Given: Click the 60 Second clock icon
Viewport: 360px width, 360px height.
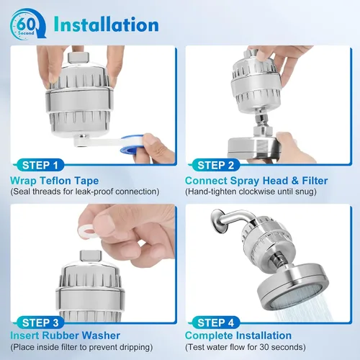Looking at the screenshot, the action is click(x=28, y=23).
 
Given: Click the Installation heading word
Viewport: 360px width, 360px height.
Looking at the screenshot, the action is click(x=106, y=24).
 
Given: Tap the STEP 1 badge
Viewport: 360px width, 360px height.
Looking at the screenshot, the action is click(x=40, y=166).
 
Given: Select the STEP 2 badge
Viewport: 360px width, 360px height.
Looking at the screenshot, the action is click(x=215, y=166).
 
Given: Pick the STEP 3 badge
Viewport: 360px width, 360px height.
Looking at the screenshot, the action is click(x=40, y=323).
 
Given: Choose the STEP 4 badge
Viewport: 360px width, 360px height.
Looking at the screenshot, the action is click(x=215, y=323).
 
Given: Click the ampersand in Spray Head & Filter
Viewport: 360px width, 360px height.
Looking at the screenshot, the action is click(x=294, y=181).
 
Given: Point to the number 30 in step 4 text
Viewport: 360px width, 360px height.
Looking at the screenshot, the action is click(x=264, y=347).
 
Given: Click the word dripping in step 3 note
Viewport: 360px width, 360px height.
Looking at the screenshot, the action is click(x=135, y=347).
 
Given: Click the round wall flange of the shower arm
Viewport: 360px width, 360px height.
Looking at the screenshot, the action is click(x=218, y=222).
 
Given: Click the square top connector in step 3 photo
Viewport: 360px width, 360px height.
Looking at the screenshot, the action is click(x=91, y=256).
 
